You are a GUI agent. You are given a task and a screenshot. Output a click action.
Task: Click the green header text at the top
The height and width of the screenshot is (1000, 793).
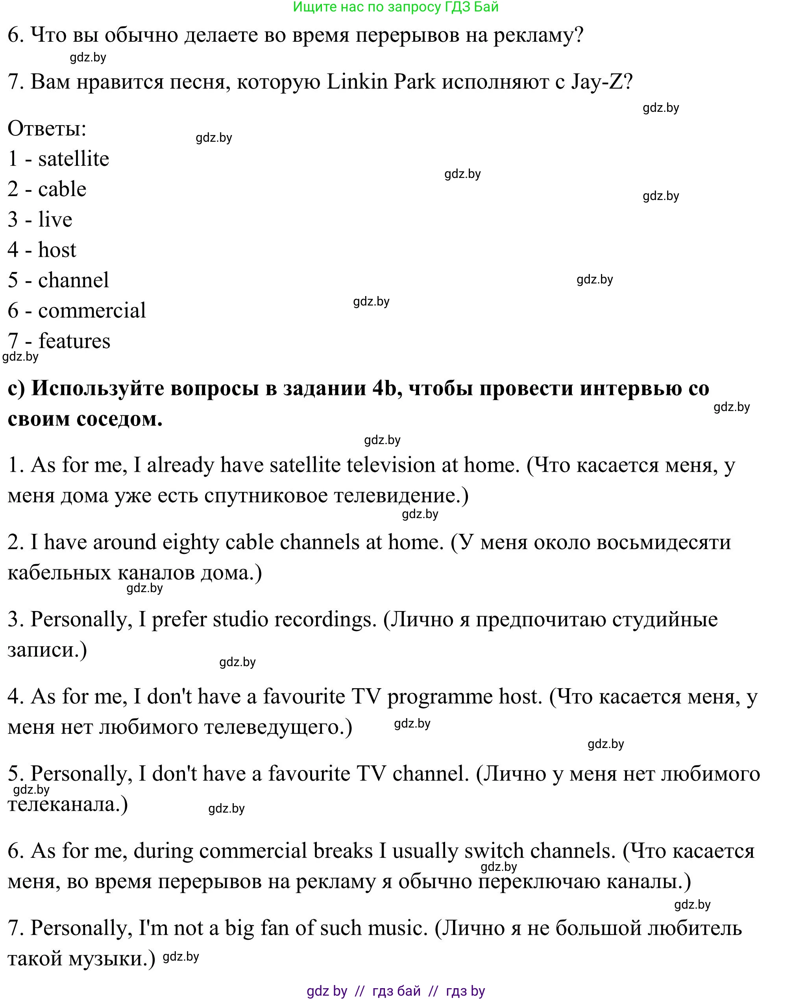click(396, 7)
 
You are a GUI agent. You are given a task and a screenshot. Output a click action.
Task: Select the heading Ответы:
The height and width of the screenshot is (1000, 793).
click(47, 128)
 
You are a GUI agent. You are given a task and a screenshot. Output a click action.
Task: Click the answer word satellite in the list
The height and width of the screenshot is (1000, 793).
click(73, 159)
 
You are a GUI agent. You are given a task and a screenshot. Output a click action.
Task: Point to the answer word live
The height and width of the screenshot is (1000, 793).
click(55, 219)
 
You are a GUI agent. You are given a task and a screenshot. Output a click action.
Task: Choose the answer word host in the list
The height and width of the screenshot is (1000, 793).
click(57, 250)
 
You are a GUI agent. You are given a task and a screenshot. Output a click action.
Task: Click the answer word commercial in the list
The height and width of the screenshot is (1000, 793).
click(92, 311)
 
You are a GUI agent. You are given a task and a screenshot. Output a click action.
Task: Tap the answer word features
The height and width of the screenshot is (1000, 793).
click(74, 341)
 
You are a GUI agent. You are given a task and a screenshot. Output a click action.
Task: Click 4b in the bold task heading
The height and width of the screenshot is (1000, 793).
click(384, 388)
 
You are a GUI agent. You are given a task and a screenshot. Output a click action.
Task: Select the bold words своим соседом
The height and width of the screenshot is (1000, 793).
click(85, 419)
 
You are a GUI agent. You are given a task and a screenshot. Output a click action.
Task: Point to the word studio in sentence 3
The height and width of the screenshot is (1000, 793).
click(240, 620)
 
